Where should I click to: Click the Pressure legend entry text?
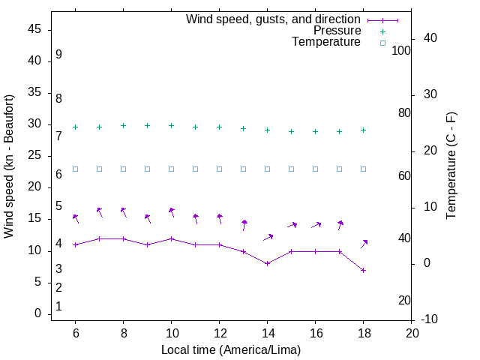click(x=337, y=31)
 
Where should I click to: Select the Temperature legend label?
click(x=326, y=42)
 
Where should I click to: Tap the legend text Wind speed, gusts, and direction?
click(x=273, y=19)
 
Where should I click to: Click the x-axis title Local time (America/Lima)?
click(x=231, y=349)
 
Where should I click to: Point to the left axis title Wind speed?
click(x=9, y=166)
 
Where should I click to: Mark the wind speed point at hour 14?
click(x=267, y=263)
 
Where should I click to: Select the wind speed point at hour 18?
click(x=363, y=270)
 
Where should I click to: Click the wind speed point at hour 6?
click(x=75, y=244)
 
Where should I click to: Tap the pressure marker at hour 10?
click(x=171, y=125)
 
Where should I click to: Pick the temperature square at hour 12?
click(x=219, y=169)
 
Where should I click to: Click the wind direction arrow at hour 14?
click(x=268, y=238)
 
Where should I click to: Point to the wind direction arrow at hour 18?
click(x=364, y=243)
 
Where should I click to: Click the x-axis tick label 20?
click(x=411, y=332)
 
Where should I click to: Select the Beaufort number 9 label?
click(x=58, y=55)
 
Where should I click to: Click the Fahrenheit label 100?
click(x=401, y=51)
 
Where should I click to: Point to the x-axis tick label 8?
click(x=123, y=332)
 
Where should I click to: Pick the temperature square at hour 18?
click(x=363, y=169)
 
